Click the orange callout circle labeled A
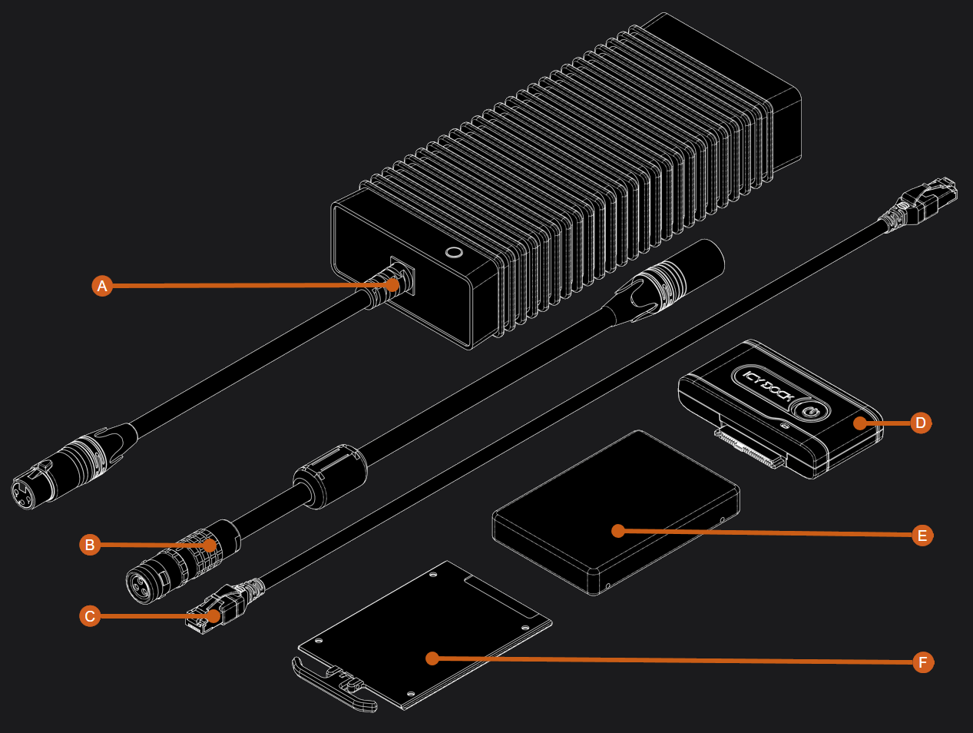102,286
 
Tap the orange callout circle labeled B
90,545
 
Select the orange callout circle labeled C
90,616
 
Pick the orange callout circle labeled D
920,423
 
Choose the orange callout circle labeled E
922,536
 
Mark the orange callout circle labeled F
923,662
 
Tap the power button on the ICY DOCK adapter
808,412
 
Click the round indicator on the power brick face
453,252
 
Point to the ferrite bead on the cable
330,476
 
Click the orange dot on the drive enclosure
617,530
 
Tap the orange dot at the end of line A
392,284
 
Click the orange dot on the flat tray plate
432,658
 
